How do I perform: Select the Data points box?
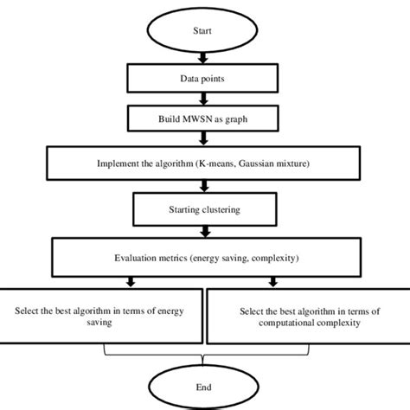[x=203, y=79]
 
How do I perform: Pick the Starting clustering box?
[x=203, y=208]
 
